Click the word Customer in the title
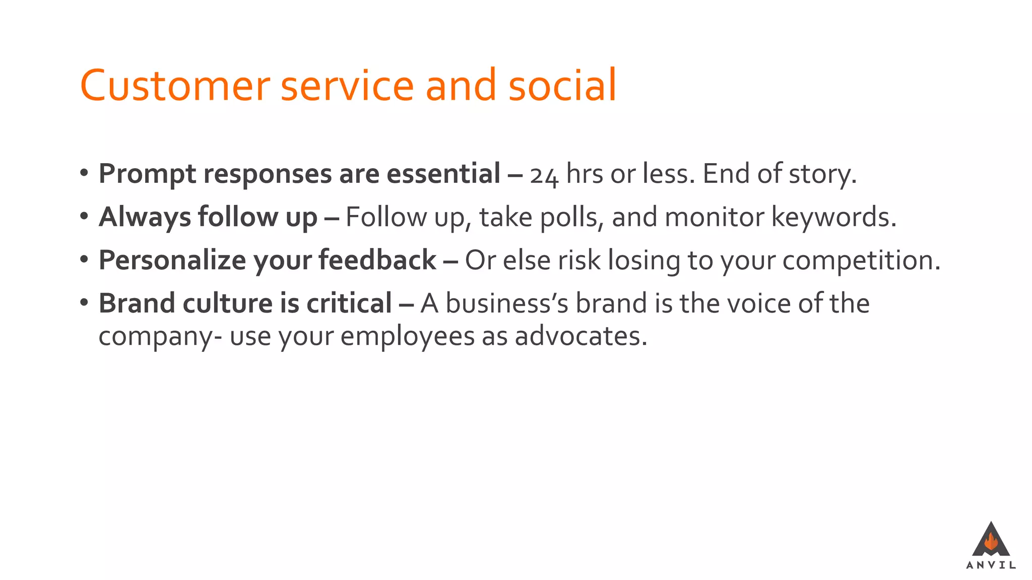174,86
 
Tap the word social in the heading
562,86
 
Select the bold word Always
145,217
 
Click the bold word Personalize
172,261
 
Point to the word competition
861,261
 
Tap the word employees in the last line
407,337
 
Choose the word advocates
580,336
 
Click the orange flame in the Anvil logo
991,542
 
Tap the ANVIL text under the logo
991,565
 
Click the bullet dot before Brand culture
84,303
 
